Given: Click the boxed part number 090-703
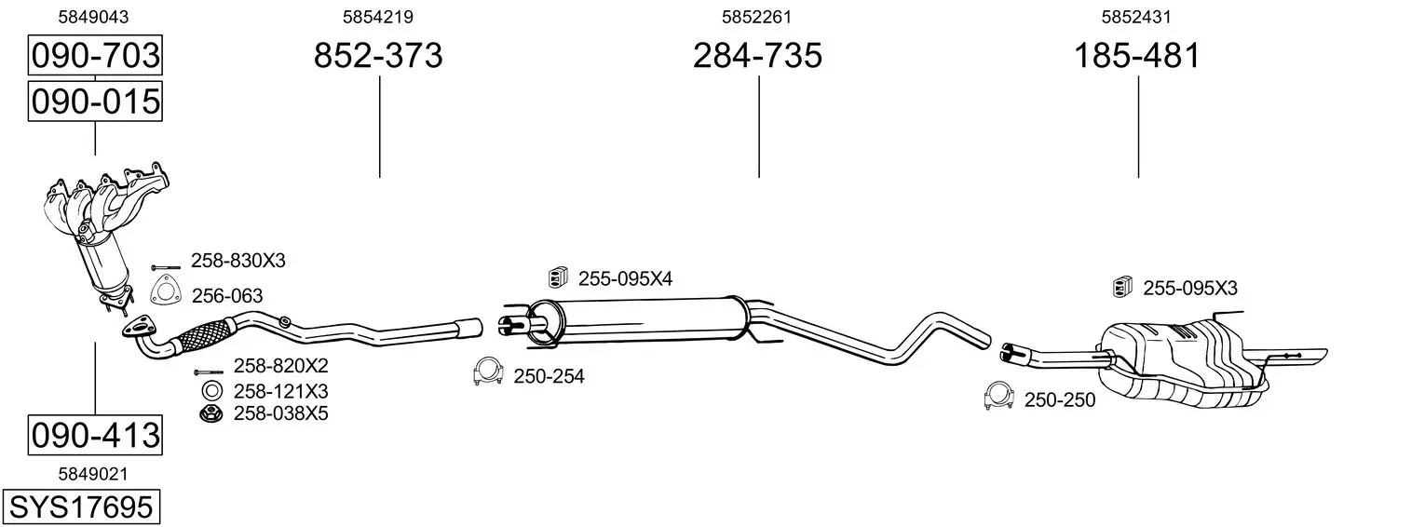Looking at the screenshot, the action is [95, 55].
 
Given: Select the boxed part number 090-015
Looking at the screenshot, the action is [95, 101].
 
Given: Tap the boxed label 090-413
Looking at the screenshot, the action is [95, 436].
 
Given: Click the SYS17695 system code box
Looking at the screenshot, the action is [81, 507].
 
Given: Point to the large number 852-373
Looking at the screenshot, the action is [378, 55].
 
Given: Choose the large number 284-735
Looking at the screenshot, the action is [757, 55].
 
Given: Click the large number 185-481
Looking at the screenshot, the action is [1137, 55].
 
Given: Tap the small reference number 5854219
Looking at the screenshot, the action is [378, 17].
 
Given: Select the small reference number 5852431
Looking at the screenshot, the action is [1136, 17].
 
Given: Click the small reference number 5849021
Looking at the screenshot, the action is [93, 474].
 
